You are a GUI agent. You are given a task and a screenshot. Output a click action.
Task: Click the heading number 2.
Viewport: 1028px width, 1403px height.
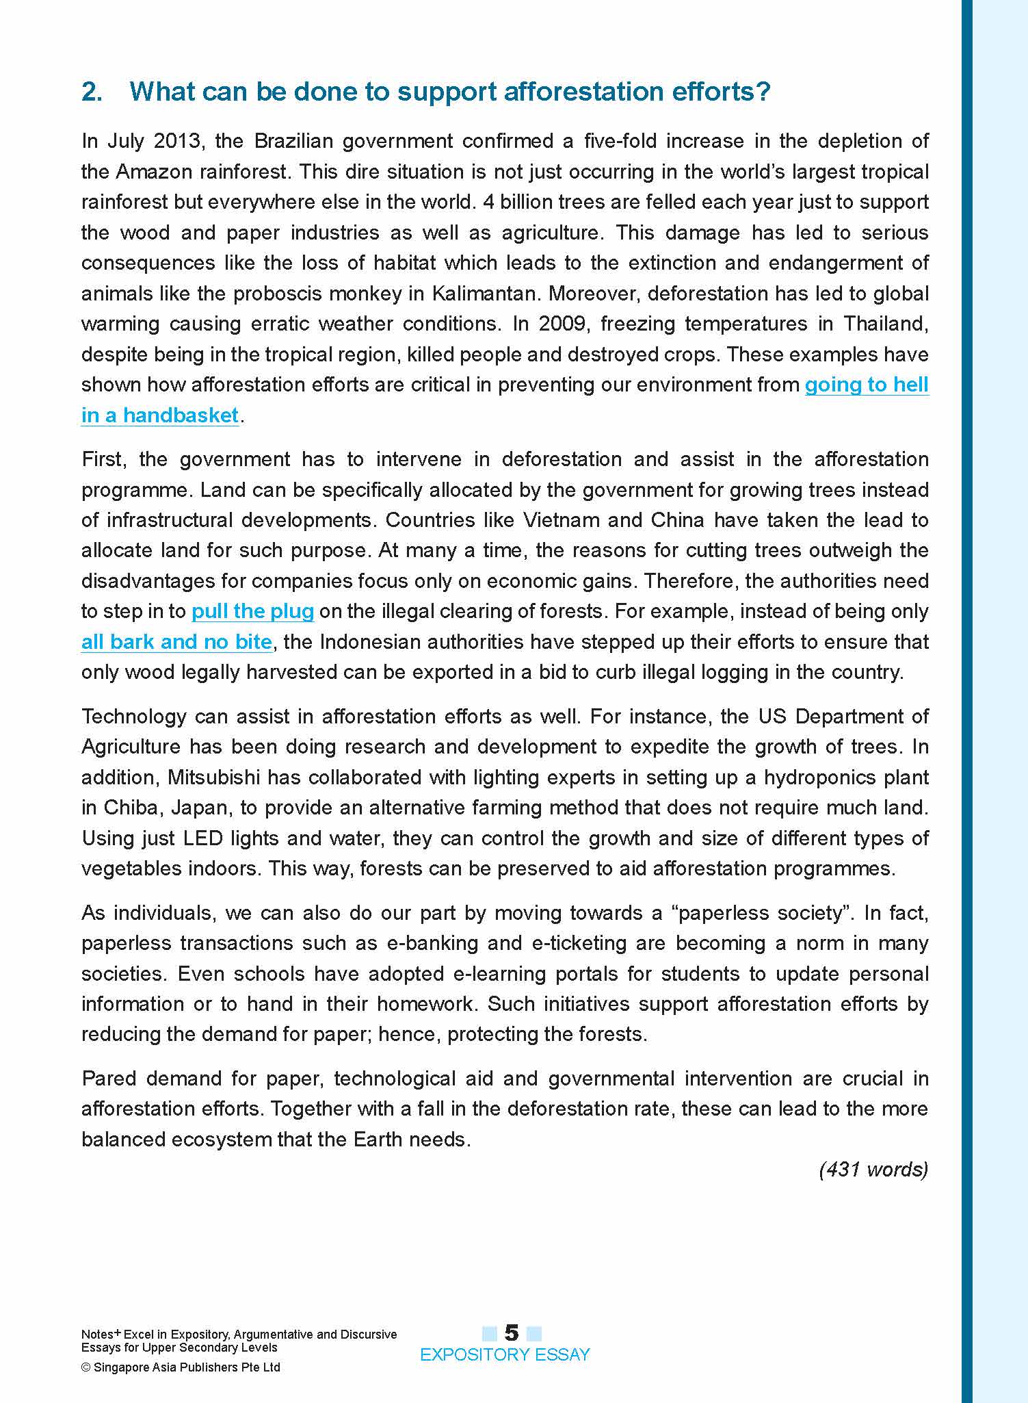point(92,92)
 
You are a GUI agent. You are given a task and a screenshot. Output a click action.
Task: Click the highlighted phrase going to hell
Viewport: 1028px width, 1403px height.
point(866,385)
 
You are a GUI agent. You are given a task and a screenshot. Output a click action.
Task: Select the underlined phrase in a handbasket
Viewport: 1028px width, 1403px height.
point(159,415)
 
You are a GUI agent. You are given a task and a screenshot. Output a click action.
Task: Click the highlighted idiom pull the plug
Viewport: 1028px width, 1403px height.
point(252,611)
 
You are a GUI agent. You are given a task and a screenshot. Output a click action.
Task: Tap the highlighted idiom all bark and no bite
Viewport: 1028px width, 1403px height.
point(176,642)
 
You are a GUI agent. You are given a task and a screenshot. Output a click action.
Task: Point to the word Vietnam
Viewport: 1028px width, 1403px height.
point(561,520)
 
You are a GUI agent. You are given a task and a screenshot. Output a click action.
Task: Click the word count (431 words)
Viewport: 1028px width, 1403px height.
point(873,1170)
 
